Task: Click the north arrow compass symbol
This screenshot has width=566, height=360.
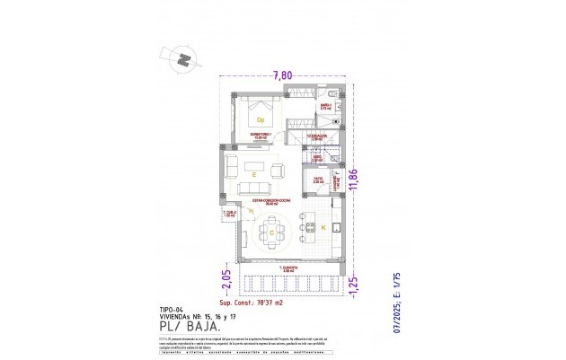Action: click(x=183, y=60)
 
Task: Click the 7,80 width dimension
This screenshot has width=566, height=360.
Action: click(x=282, y=75)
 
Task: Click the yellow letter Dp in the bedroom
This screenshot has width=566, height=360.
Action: click(x=261, y=119)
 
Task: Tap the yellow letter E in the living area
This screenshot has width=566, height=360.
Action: click(x=254, y=174)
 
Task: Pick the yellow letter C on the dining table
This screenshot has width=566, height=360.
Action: click(x=271, y=232)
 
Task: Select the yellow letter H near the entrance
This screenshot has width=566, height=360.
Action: click(x=238, y=211)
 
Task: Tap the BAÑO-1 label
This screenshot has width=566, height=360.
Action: click(x=326, y=105)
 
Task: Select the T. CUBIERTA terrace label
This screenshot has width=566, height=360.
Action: click(x=287, y=268)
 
